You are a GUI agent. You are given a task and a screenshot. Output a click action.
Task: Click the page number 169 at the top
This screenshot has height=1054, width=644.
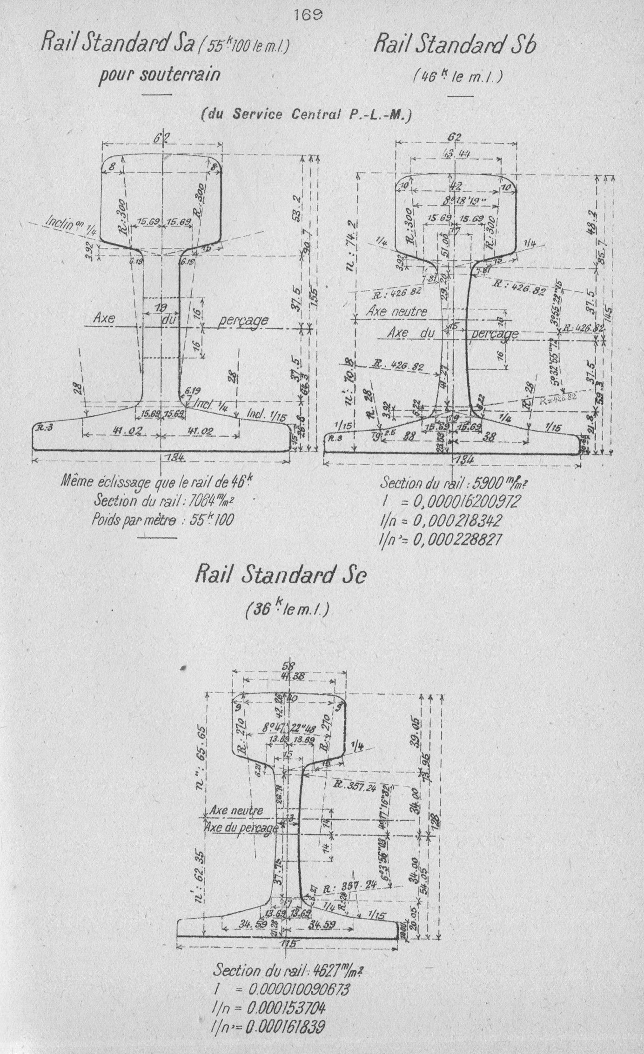(x=309, y=14)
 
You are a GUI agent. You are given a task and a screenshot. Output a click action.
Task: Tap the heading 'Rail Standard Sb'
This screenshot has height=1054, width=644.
(x=455, y=46)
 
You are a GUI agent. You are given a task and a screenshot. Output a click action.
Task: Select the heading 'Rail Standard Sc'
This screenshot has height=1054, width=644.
(x=281, y=575)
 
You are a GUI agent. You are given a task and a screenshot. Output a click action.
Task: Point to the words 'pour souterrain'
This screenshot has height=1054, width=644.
(x=159, y=74)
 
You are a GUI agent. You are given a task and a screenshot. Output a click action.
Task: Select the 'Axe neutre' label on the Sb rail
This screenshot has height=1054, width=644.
(x=396, y=311)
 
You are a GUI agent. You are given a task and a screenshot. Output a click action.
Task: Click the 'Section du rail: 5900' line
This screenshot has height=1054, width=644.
(x=454, y=483)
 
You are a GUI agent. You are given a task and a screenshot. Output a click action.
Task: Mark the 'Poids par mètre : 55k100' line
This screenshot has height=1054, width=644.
(x=162, y=519)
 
